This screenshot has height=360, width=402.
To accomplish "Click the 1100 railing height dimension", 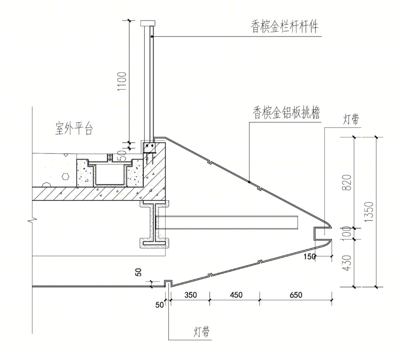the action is click(122, 81).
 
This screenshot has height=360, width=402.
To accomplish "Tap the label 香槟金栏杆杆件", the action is click(285, 26).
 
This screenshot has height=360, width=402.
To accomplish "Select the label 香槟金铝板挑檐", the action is click(286, 113).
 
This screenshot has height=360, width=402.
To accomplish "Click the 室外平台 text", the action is click(74, 129).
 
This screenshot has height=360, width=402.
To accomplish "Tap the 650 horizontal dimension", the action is click(296, 295).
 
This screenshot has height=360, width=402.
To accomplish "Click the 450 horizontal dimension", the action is click(236, 295).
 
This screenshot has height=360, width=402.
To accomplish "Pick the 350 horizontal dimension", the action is click(191, 295).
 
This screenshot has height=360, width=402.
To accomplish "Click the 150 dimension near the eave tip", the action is click(309, 256).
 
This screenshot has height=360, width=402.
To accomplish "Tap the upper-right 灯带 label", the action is click(351, 119).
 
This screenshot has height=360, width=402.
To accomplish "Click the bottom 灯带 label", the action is click(201, 332).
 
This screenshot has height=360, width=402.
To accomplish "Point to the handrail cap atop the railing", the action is click(148, 23).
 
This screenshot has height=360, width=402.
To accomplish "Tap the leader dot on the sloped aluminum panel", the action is click(249, 182).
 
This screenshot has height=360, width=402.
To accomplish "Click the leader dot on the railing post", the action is click(152, 37).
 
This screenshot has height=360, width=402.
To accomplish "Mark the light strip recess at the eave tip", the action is click(322, 234).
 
